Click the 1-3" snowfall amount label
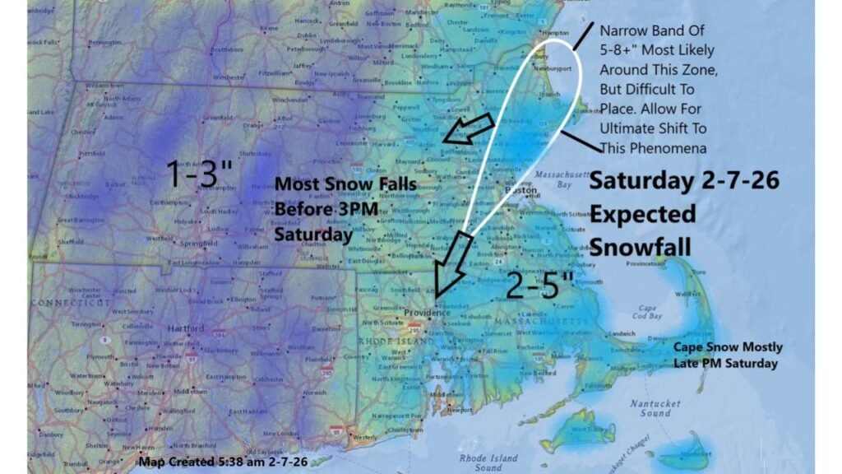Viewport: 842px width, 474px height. pos(199,174)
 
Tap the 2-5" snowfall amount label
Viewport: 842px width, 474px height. pos(539,286)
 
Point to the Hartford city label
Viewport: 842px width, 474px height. pos(185,328)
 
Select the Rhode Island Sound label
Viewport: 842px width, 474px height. pos(488,462)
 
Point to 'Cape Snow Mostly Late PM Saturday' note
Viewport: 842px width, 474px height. pos(728,355)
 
